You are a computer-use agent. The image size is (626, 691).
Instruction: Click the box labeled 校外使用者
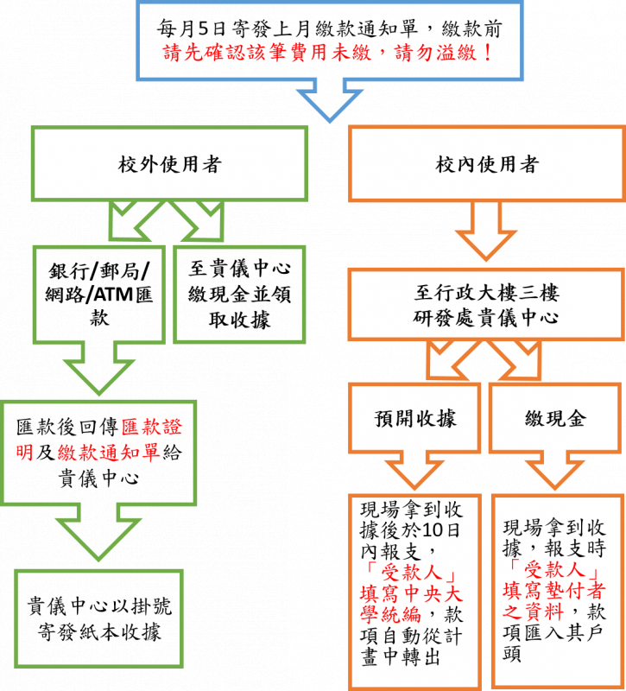169,164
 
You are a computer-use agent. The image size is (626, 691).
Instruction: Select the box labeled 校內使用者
487,164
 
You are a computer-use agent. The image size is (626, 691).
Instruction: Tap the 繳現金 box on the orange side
555,418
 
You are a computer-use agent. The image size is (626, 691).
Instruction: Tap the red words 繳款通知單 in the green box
108,451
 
